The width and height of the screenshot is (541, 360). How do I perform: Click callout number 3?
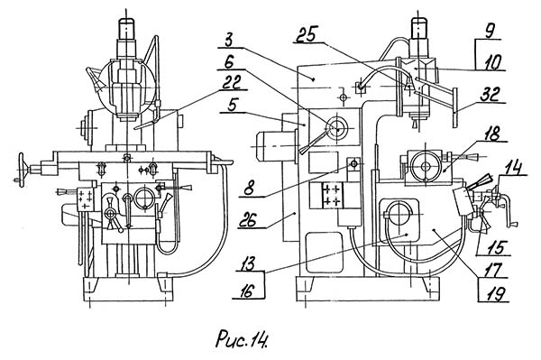[229, 40]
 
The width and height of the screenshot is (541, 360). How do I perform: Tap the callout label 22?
[232, 82]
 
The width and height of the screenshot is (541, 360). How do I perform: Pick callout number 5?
[233, 105]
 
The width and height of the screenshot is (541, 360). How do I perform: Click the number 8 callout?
[250, 189]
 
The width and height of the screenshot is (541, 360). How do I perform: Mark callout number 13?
[246, 264]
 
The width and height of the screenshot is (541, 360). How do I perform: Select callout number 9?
[488, 32]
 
